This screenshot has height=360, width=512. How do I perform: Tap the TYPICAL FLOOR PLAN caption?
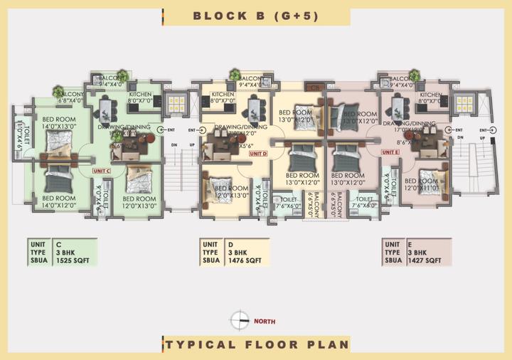pyautogui.click(x=257, y=344)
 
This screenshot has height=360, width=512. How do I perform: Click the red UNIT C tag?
pyautogui.click(x=101, y=171)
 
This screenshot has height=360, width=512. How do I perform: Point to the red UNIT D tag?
pyautogui.click(x=258, y=153)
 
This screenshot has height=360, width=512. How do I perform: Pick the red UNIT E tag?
pyautogui.click(x=390, y=152)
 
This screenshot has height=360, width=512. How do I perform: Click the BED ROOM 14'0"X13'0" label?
pyautogui.click(x=58, y=122)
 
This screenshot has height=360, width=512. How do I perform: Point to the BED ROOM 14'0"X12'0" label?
pyautogui.click(x=58, y=201)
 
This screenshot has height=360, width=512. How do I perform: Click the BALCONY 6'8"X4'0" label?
pyautogui.click(x=70, y=97)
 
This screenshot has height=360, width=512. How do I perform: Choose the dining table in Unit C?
pyautogui.click(x=107, y=109)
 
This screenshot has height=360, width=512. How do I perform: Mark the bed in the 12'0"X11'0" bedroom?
pyautogui.click(x=429, y=176)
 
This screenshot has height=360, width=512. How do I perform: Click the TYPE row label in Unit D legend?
pyautogui.click(x=210, y=252)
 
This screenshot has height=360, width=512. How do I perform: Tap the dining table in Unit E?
pyautogui.click(x=398, y=109)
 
